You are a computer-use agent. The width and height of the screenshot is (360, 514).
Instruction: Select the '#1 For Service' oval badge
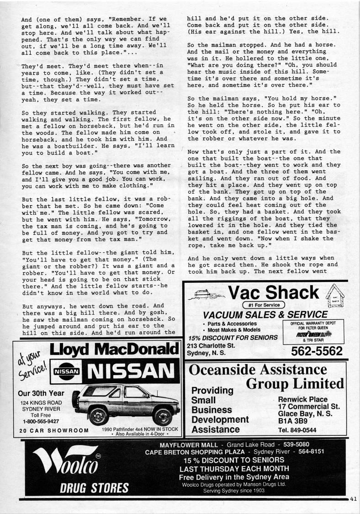[x=264, y=305]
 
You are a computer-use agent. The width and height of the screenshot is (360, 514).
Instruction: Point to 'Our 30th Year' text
[x=41, y=393]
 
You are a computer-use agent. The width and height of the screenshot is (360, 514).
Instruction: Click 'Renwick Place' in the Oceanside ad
[x=302, y=399]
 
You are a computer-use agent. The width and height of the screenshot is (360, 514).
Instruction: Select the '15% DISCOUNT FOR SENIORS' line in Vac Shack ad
[x=233, y=338]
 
